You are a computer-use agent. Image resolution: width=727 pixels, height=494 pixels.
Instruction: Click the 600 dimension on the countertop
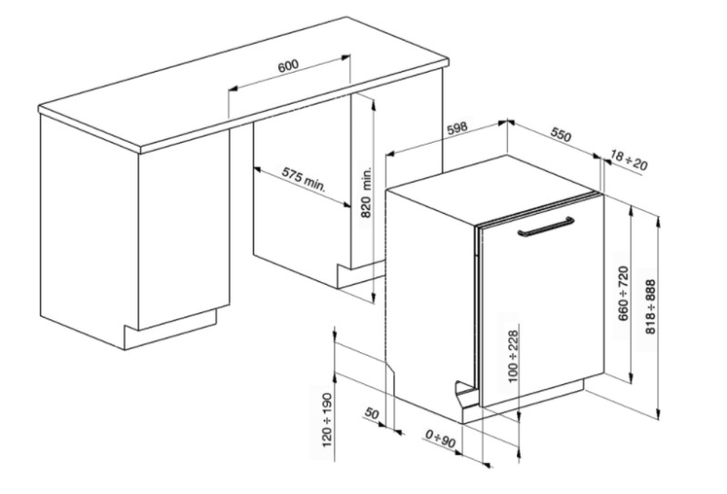tap(288, 66)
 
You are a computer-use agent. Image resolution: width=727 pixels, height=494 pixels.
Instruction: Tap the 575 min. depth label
tap(304, 180)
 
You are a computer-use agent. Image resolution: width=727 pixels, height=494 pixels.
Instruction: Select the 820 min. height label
tap(367, 192)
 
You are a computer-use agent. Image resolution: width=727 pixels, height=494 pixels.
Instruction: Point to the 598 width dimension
tap(458, 128)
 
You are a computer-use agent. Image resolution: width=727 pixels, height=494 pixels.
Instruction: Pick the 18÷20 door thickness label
tap(629, 160)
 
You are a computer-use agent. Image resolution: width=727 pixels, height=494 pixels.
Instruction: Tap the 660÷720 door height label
tap(624, 293)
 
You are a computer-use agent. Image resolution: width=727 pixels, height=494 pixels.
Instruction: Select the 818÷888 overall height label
tap(651, 307)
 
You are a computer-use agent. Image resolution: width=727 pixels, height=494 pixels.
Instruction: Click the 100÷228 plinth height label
tap(513, 356)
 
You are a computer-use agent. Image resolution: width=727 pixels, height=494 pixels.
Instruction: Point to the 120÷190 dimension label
tap(327, 420)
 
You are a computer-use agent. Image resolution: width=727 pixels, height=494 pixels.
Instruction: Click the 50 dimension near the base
tap(372, 413)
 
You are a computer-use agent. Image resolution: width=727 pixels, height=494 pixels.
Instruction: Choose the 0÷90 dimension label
tap(441, 439)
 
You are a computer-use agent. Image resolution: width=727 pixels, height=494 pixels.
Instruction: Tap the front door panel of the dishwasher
tap(543, 302)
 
